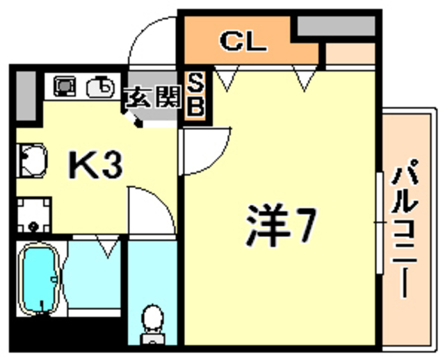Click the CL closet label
tap(243, 42)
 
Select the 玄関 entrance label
tap(151, 97)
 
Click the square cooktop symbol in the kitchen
tap(65, 86)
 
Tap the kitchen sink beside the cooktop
tap(100, 86)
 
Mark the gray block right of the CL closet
tap(337, 27)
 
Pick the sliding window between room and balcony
tap(379, 222)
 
